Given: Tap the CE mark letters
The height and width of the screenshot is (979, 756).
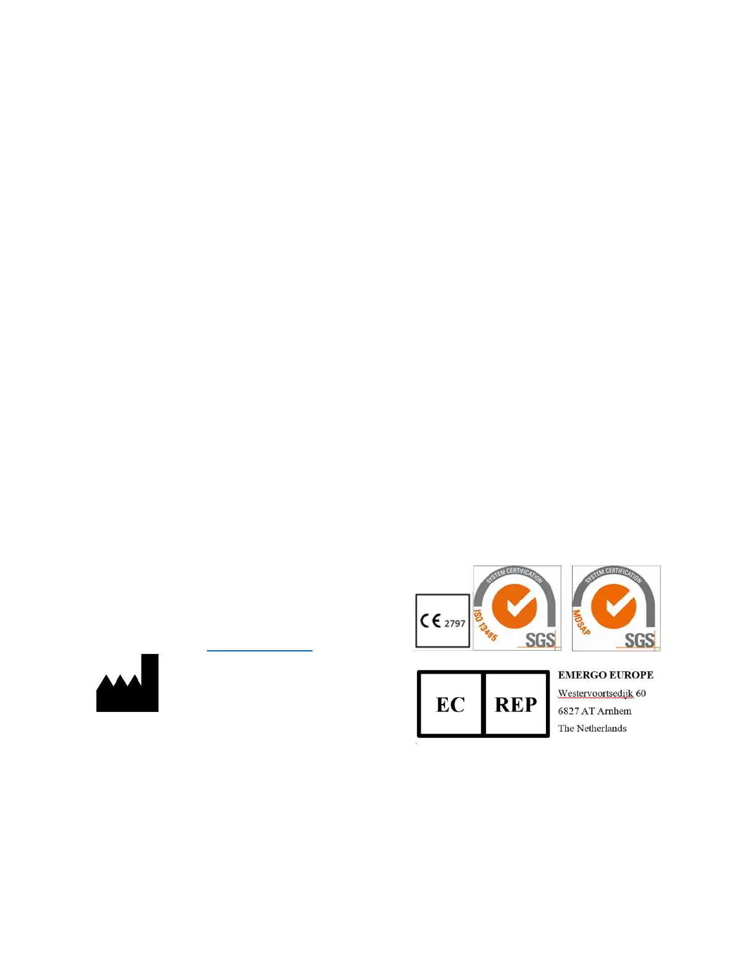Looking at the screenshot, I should click(430, 621).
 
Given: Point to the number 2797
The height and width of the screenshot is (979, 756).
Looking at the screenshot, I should click(455, 624).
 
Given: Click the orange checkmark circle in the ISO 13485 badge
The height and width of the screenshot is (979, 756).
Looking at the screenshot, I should click(514, 606).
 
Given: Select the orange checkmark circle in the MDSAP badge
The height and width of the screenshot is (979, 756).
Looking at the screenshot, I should click(613, 606).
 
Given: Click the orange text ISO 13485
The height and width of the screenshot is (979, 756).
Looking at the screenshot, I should click(485, 625).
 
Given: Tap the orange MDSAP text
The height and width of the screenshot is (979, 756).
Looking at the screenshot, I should click(581, 622).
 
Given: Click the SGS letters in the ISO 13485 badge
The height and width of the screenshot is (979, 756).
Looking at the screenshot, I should click(540, 640).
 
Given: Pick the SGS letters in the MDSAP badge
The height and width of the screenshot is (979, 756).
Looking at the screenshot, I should click(639, 640).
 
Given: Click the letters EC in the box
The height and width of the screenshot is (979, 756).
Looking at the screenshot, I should click(450, 705).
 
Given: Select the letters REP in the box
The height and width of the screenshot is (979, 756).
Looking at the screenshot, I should click(516, 705).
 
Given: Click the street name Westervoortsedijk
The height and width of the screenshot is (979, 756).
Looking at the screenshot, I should click(595, 693).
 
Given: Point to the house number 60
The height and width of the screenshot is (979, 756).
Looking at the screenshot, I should click(641, 693).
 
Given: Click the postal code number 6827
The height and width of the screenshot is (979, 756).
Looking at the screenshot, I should click(568, 711).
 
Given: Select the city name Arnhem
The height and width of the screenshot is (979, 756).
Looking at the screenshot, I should click(615, 711).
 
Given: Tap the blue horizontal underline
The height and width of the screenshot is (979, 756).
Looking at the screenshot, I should click(259, 650).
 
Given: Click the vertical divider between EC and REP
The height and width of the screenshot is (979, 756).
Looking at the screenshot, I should click(483, 704).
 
